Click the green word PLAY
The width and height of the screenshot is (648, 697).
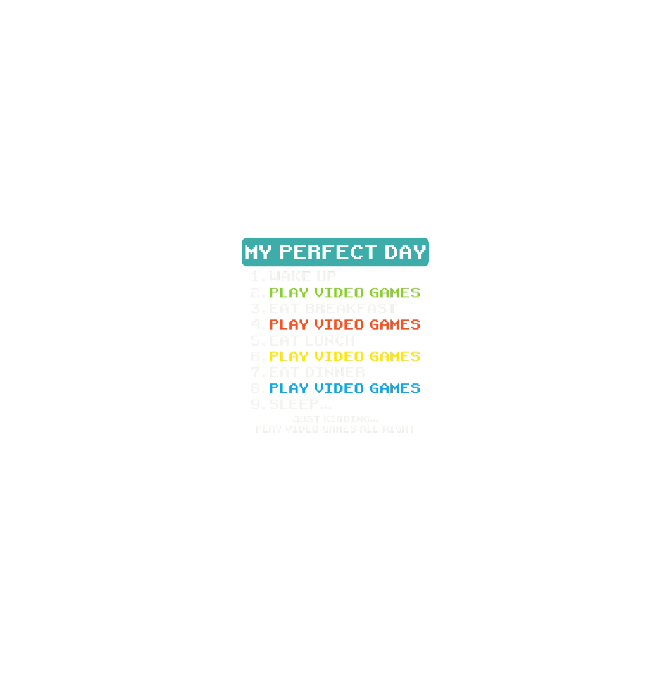tap(289, 293)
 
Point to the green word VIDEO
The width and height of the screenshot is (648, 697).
tap(339, 293)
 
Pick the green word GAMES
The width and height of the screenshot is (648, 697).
tap(395, 293)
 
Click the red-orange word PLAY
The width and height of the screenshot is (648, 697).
tap(289, 324)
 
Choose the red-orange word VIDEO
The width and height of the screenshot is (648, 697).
tap(339, 324)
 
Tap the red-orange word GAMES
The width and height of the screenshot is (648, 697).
tap(395, 324)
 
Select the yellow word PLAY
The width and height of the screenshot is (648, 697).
tap(289, 357)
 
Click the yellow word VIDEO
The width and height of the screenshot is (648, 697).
tap(339, 357)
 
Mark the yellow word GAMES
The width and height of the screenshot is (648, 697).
tap(395, 357)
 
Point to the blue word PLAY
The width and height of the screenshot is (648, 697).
tap(289, 388)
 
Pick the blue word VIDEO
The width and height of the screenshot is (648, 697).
tap(339, 388)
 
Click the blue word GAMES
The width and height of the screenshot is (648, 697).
tap(395, 388)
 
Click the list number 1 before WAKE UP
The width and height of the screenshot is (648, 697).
tap(256, 277)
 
